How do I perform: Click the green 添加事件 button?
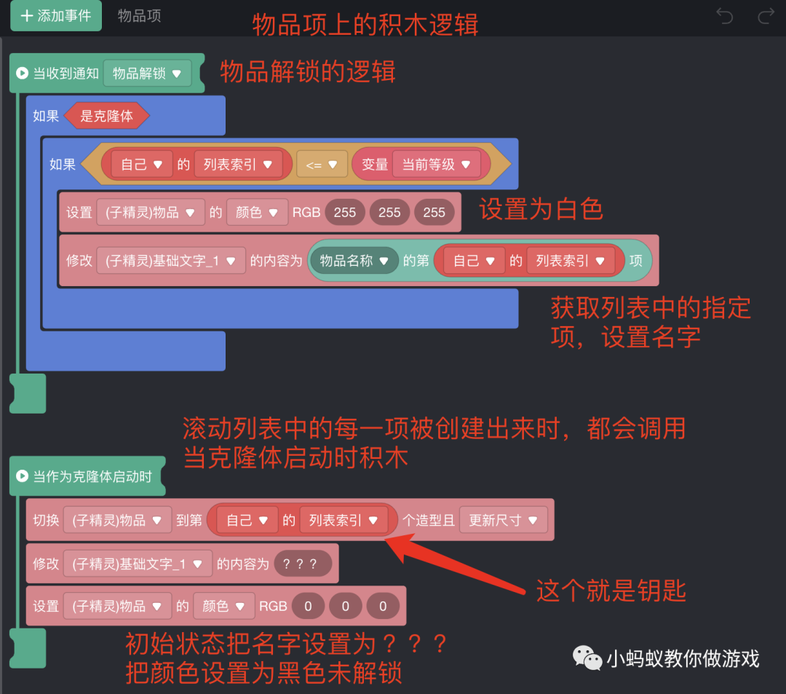(x=55, y=15)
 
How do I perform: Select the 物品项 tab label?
(x=139, y=15)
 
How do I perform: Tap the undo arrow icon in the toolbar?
(x=724, y=15)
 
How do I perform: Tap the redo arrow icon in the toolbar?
(x=766, y=15)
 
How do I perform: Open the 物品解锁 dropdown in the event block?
(x=147, y=74)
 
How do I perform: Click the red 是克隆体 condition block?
(x=106, y=116)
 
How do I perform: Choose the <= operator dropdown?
(x=322, y=165)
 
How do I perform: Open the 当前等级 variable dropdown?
(x=436, y=165)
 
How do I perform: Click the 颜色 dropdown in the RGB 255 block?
(x=257, y=213)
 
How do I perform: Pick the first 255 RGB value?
(x=345, y=213)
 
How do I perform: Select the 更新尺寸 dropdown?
(x=503, y=520)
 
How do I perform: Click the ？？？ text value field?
(x=303, y=564)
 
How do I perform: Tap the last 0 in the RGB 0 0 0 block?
(x=382, y=606)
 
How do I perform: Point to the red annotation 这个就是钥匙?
(x=611, y=591)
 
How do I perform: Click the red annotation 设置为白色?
(x=541, y=210)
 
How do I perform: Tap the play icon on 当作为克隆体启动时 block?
(x=22, y=476)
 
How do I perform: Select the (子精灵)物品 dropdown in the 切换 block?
(x=117, y=520)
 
